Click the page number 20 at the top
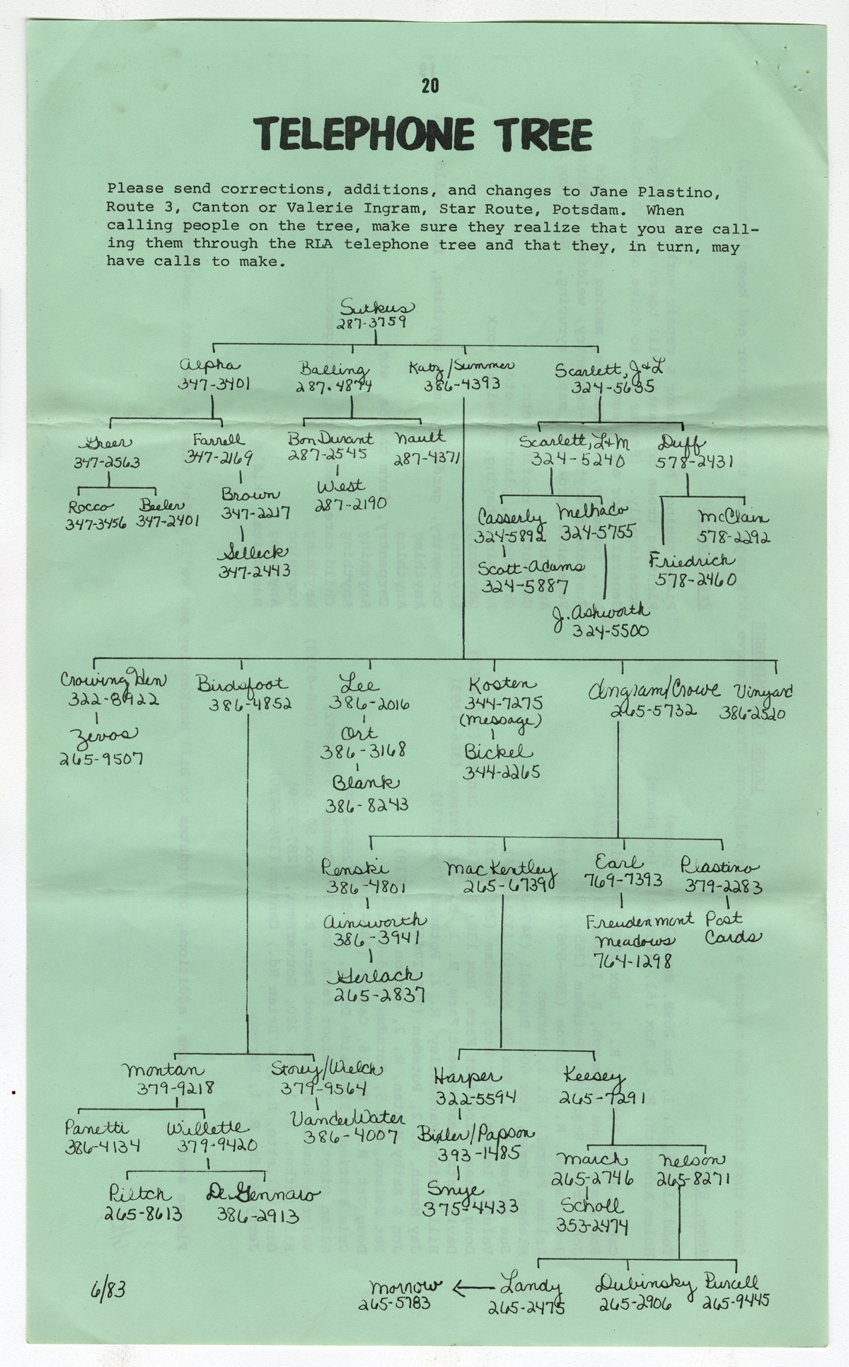(x=429, y=86)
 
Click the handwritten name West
(x=341, y=486)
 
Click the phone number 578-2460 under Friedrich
(x=695, y=580)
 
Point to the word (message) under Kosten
(x=500, y=721)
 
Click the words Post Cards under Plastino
(x=732, y=928)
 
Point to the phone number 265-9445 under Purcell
(x=735, y=1300)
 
